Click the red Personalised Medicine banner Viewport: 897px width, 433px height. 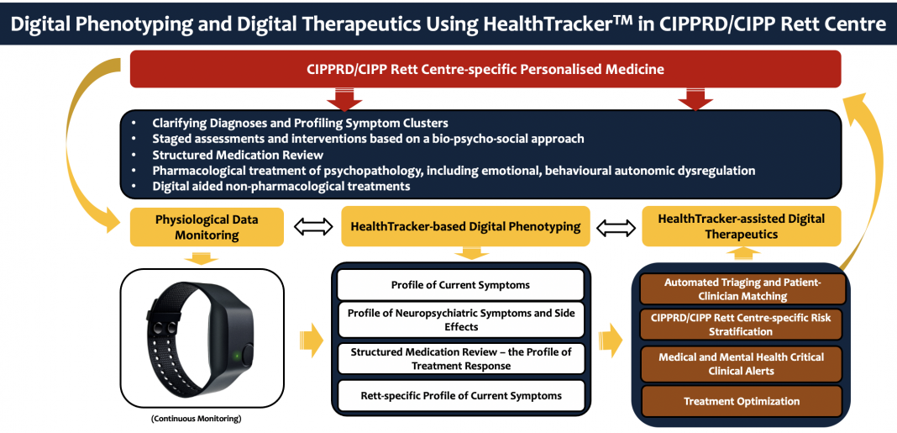[485, 69]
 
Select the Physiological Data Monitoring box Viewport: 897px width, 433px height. [207, 227]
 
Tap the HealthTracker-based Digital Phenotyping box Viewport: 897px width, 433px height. [465, 227]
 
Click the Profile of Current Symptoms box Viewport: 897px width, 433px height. [460, 285]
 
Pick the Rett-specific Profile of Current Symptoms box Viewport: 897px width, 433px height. [460, 395]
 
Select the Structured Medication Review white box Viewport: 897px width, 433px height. [460, 358]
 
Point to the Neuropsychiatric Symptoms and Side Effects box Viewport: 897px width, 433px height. [460, 320]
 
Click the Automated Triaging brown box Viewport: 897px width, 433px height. [742, 289]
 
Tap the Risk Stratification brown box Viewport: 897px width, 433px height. [742, 325]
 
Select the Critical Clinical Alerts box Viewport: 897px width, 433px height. [742, 364]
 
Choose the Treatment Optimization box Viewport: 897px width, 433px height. [742, 401]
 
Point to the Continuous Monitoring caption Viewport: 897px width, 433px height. [197, 419]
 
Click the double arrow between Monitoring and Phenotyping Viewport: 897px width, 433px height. [313, 227]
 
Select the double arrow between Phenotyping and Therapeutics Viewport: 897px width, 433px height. [616, 227]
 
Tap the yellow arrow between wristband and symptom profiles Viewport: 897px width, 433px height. [312, 341]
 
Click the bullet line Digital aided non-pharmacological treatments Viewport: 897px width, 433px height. [281, 186]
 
